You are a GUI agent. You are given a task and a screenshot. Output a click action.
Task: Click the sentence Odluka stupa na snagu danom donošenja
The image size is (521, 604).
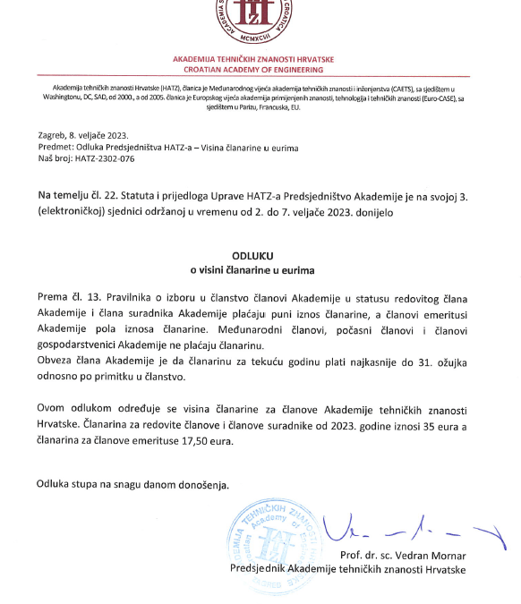tap(132, 485)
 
